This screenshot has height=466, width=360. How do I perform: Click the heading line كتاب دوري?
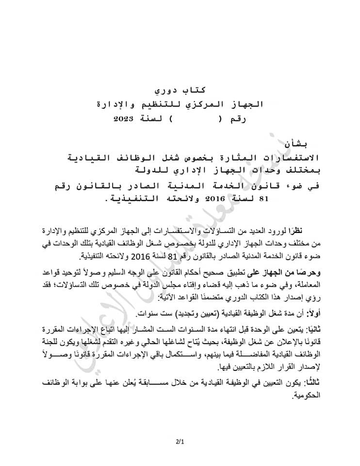click(180, 90)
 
